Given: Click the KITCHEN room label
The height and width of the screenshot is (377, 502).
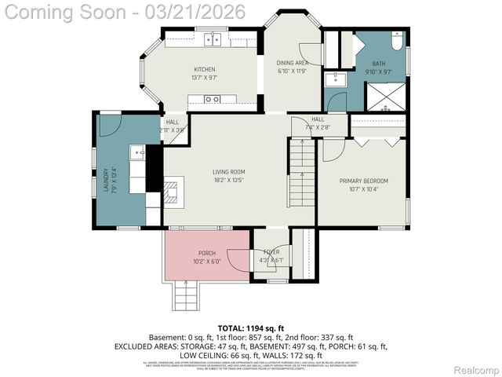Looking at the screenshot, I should [204, 69].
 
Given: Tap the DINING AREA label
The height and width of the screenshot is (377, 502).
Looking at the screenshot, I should [291, 63].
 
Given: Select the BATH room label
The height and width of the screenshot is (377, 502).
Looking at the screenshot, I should [379, 64].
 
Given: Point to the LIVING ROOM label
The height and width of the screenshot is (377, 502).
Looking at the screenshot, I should [229, 172].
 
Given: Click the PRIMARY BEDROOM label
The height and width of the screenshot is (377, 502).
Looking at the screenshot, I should [363, 181].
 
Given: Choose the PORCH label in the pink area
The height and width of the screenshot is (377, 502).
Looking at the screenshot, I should [207, 253].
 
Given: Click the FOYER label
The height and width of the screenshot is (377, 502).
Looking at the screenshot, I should [271, 252].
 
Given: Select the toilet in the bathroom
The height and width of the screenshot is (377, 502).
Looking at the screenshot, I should [396, 43].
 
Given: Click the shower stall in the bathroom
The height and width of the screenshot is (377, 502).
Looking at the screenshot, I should [388, 97].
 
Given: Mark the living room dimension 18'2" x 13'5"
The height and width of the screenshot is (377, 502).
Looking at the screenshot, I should [229, 180].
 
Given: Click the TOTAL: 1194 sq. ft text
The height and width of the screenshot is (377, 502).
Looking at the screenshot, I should [250, 327].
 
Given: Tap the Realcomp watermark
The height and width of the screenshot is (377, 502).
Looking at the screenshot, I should [476, 370].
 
